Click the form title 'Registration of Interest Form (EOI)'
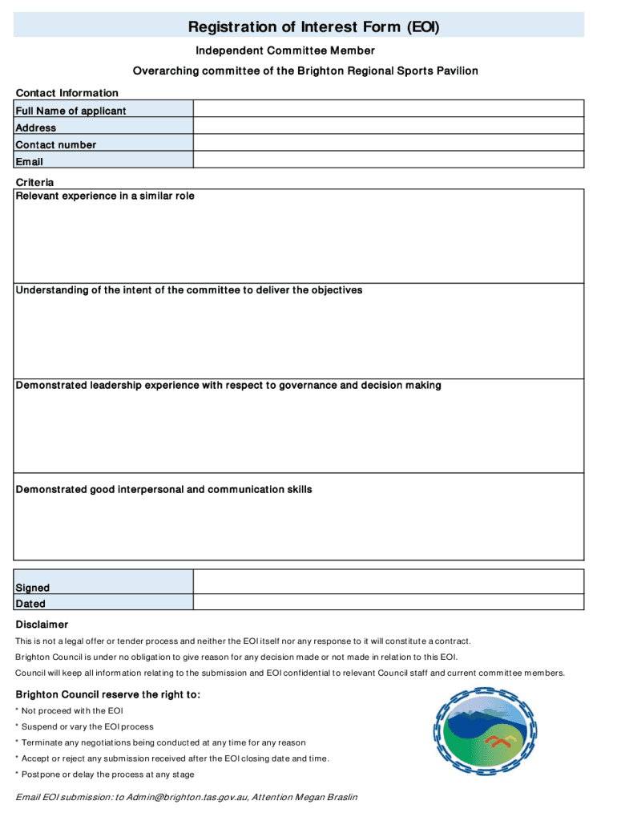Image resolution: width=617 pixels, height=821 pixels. pos(314,28)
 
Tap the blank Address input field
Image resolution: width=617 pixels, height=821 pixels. pos(389,127)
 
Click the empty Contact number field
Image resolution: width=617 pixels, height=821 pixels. pos(389,144)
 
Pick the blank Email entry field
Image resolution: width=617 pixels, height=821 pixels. pos(389,160)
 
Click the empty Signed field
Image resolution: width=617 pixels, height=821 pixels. pos(389,581)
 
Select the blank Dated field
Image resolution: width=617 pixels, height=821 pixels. pos(389,603)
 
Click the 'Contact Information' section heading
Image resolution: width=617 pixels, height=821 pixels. pos(67,93)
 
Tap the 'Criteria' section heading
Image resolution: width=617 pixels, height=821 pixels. pos(35,183)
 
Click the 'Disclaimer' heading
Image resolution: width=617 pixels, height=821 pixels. pos(42,625)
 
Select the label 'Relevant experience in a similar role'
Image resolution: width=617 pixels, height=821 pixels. pos(105,196)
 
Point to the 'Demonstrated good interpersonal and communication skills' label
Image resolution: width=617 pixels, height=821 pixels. pos(164,490)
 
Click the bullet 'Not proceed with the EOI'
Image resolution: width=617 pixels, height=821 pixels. pos(72,711)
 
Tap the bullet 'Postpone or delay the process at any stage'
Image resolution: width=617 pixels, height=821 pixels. pos(107,774)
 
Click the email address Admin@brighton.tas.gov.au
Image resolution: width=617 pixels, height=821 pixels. pos(182,798)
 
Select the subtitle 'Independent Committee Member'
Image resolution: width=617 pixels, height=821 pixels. pos(285,51)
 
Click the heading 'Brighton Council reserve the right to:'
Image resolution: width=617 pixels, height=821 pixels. pos(108,694)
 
